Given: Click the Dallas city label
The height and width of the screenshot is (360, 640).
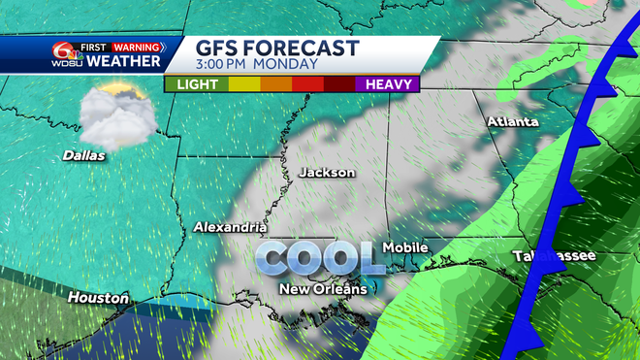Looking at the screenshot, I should pyautogui.click(x=83, y=154).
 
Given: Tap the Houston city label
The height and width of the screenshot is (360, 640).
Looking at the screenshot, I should pyautogui.click(x=98, y=298).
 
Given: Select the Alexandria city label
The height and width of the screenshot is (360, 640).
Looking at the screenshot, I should pyautogui.click(x=230, y=227).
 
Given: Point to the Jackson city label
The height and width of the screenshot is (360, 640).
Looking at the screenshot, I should pyautogui.click(x=327, y=172).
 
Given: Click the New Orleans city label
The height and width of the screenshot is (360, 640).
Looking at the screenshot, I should pyautogui.click(x=323, y=289).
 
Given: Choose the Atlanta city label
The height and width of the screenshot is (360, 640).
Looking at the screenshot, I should pyautogui.click(x=513, y=122).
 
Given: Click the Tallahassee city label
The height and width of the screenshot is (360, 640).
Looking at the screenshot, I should pyautogui.click(x=555, y=256).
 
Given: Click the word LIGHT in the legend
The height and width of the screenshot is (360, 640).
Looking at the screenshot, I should pyautogui.click(x=195, y=84).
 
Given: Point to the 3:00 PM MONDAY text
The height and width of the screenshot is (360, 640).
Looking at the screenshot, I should pyautogui.click(x=258, y=64).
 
